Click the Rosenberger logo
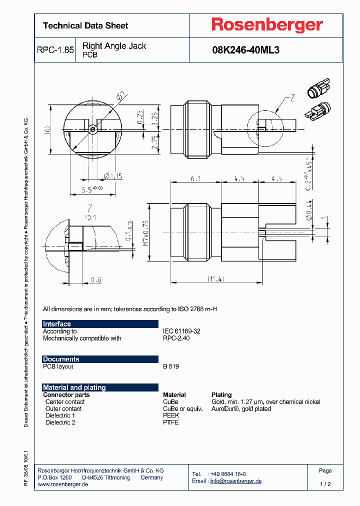click(x=267, y=25)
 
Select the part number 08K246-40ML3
click(x=245, y=50)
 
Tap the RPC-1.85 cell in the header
click(x=55, y=50)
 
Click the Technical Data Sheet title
click(x=85, y=25)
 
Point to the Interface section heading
click(x=57, y=324)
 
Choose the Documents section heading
click(x=61, y=359)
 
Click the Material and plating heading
click(x=74, y=387)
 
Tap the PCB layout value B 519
click(x=171, y=366)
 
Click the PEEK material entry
click(x=171, y=415)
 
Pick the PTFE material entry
click(x=170, y=422)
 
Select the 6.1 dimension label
click(x=196, y=178)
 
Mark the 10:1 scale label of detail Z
click(x=90, y=217)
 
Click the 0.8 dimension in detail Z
click(x=95, y=280)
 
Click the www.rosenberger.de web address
click(x=63, y=485)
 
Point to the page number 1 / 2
click(x=325, y=484)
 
